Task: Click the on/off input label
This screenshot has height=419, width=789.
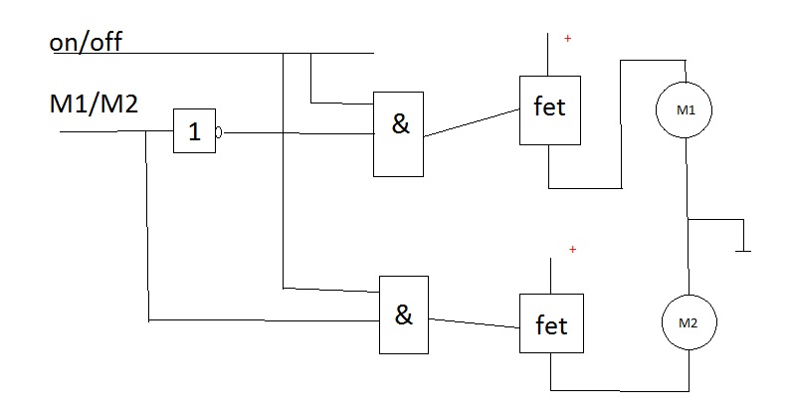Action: point(99,43)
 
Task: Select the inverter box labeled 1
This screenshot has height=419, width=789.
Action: point(194,130)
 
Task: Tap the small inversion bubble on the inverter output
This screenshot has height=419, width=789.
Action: point(218,130)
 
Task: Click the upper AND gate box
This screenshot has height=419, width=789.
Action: point(400,133)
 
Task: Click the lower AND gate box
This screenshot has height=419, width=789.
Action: point(403,314)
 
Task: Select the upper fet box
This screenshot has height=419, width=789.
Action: point(549,108)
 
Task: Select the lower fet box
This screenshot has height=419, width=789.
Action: point(551,324)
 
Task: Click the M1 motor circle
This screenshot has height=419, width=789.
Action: point(687,109)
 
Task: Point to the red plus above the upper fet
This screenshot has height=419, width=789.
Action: point(568,39)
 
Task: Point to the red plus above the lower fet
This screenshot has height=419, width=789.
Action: point(572,249)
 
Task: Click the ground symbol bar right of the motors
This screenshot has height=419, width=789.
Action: point(741,252)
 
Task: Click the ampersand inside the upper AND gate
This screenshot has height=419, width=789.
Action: point(401,127)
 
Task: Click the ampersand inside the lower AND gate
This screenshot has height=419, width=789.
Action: point(403,314)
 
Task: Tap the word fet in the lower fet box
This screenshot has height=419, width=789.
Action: point(551,324)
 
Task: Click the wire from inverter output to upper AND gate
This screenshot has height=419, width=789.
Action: point(298,131)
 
